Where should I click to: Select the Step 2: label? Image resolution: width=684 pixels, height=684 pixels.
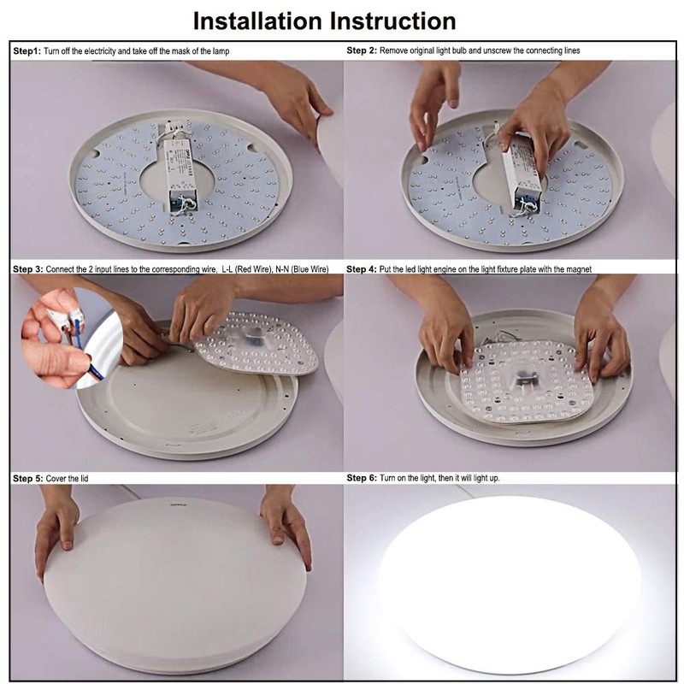(x=363, y=51)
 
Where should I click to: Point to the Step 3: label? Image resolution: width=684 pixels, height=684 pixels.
(x=28, y=269)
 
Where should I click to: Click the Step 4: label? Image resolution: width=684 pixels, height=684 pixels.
(x=363, y=269)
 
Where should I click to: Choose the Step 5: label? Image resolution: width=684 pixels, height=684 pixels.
(x=28, y=478)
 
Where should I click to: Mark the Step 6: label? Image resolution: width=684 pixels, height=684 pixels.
(x=363, y=478)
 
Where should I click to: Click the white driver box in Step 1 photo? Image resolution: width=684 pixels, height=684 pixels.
(x=182, y=168)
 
